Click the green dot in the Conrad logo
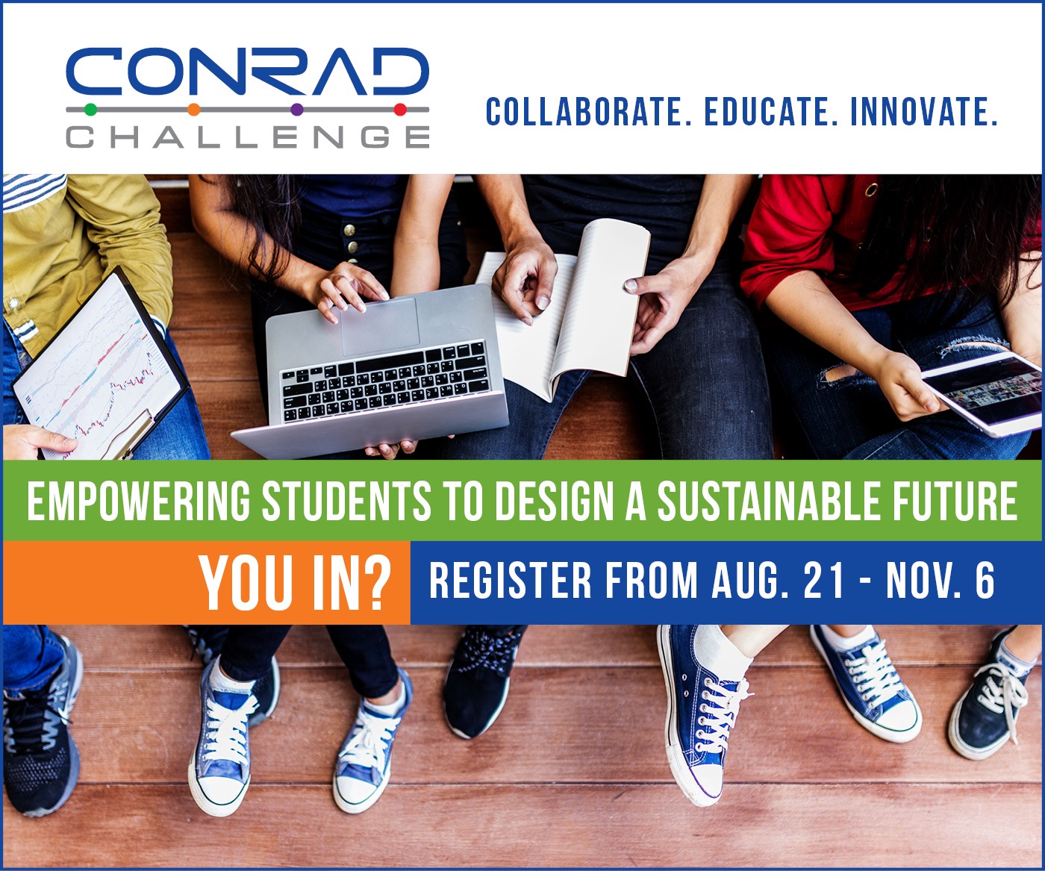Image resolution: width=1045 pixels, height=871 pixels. point(90,109)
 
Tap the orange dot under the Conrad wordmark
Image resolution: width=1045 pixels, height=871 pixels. point(193,109)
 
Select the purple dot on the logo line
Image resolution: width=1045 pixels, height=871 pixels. point(297,109)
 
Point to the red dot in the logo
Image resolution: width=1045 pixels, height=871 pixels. point(400,109)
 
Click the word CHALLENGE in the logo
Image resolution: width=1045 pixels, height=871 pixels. point(248,137)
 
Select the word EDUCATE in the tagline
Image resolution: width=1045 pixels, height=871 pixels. point(771,112)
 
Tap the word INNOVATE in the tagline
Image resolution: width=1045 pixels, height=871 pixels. point(924,112)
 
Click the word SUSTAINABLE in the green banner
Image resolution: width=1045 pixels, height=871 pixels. point(768,501)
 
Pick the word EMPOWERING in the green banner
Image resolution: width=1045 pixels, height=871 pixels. point(139,501)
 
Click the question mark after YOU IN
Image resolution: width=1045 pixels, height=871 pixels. point(375,583)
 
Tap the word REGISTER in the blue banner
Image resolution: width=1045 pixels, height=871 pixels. point(511,581)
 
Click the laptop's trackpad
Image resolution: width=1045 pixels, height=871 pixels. point(381,326)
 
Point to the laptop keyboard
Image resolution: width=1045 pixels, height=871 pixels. point(385,382)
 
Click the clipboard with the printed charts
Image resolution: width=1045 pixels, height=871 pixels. point(100,366)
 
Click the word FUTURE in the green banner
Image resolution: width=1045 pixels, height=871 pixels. point(956,501)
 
